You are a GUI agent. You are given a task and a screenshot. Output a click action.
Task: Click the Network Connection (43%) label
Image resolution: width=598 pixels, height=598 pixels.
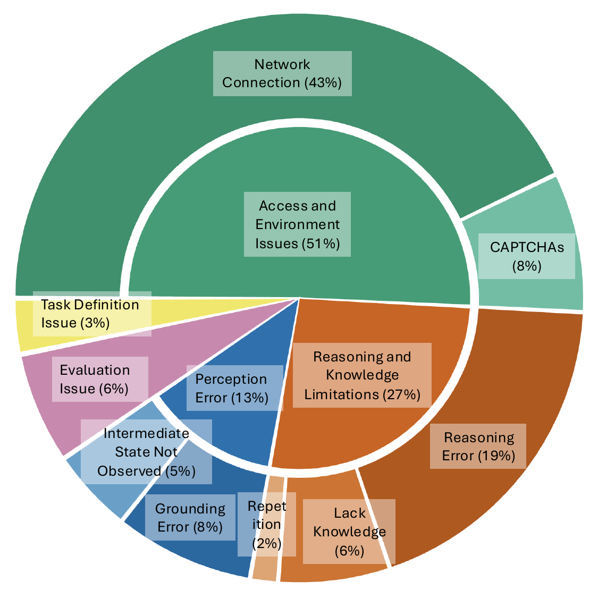(x=282, y=73)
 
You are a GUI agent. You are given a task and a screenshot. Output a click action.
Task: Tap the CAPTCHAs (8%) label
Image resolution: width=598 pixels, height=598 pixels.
(x=527, y=256)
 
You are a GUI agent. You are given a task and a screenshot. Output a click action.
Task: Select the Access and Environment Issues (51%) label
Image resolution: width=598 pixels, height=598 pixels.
(x=298, y=224)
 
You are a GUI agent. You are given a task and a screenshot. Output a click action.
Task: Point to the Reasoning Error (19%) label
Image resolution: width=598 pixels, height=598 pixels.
(x=478, y=446)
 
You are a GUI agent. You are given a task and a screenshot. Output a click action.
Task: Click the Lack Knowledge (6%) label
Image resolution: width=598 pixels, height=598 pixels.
(x=349, y=532)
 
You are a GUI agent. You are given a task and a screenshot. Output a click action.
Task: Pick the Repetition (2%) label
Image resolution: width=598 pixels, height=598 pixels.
(x=267, y=524)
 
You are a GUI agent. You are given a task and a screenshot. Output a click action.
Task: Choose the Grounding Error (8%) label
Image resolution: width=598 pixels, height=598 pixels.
(x=190, y=518)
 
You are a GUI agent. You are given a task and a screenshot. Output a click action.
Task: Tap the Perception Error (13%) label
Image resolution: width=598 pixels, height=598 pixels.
(x=232, y=388)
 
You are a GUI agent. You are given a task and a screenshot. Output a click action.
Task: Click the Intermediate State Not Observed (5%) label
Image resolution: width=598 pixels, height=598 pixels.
(x=147, y=452)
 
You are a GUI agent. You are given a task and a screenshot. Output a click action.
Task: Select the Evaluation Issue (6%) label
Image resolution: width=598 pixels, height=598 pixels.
(x=95, y=379)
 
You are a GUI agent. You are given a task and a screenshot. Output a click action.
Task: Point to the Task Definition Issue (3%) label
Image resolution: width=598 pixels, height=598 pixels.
(x=90, y=314)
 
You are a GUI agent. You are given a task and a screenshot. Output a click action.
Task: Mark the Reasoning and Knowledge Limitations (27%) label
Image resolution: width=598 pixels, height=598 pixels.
(x=363, y=375)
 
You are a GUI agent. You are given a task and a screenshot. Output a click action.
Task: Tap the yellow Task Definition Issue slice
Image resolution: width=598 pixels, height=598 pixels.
(x=27, y=324)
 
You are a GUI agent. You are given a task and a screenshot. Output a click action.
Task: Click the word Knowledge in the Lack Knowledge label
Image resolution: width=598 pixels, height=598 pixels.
(x=349, y=532)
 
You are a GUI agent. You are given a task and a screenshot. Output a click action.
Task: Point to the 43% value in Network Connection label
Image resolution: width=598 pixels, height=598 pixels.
(x=323, y=82)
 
